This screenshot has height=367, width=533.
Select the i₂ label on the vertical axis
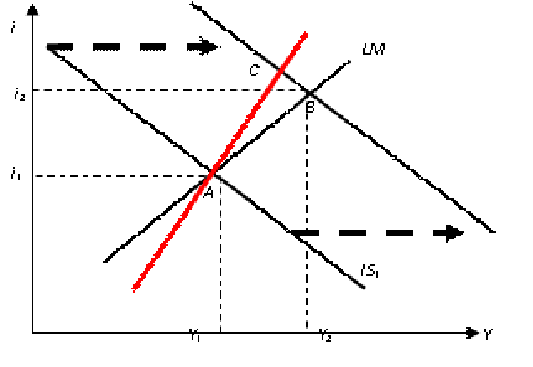click(x=19, y=94)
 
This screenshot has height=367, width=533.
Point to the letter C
click(x=253, y=70)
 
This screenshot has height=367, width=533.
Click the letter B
click(x=310, y=108)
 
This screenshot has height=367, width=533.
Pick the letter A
click(x=209, y=192)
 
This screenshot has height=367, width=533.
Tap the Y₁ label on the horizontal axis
click(x=195, y=335)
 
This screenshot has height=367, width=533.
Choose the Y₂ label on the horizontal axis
click(x=325, y=335)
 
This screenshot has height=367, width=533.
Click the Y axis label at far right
click(x=488, y=334)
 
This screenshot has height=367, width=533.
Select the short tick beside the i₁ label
click(x=40, y=174)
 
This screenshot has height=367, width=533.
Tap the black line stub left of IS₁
click(x=357, y=282)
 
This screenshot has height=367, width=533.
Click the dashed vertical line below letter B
click(x=307, y=122)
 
